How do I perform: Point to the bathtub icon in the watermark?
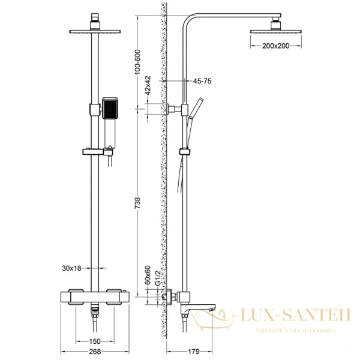[x=223, y=319]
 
